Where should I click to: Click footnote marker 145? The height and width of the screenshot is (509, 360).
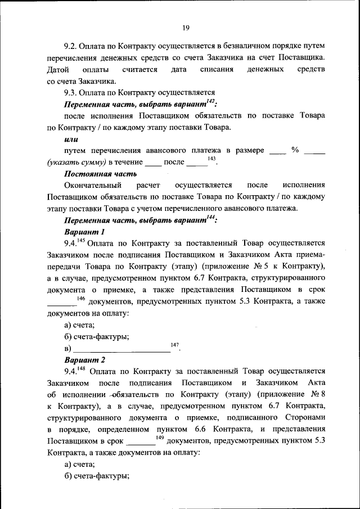80,240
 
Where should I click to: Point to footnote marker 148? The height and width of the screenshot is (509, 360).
80,368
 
